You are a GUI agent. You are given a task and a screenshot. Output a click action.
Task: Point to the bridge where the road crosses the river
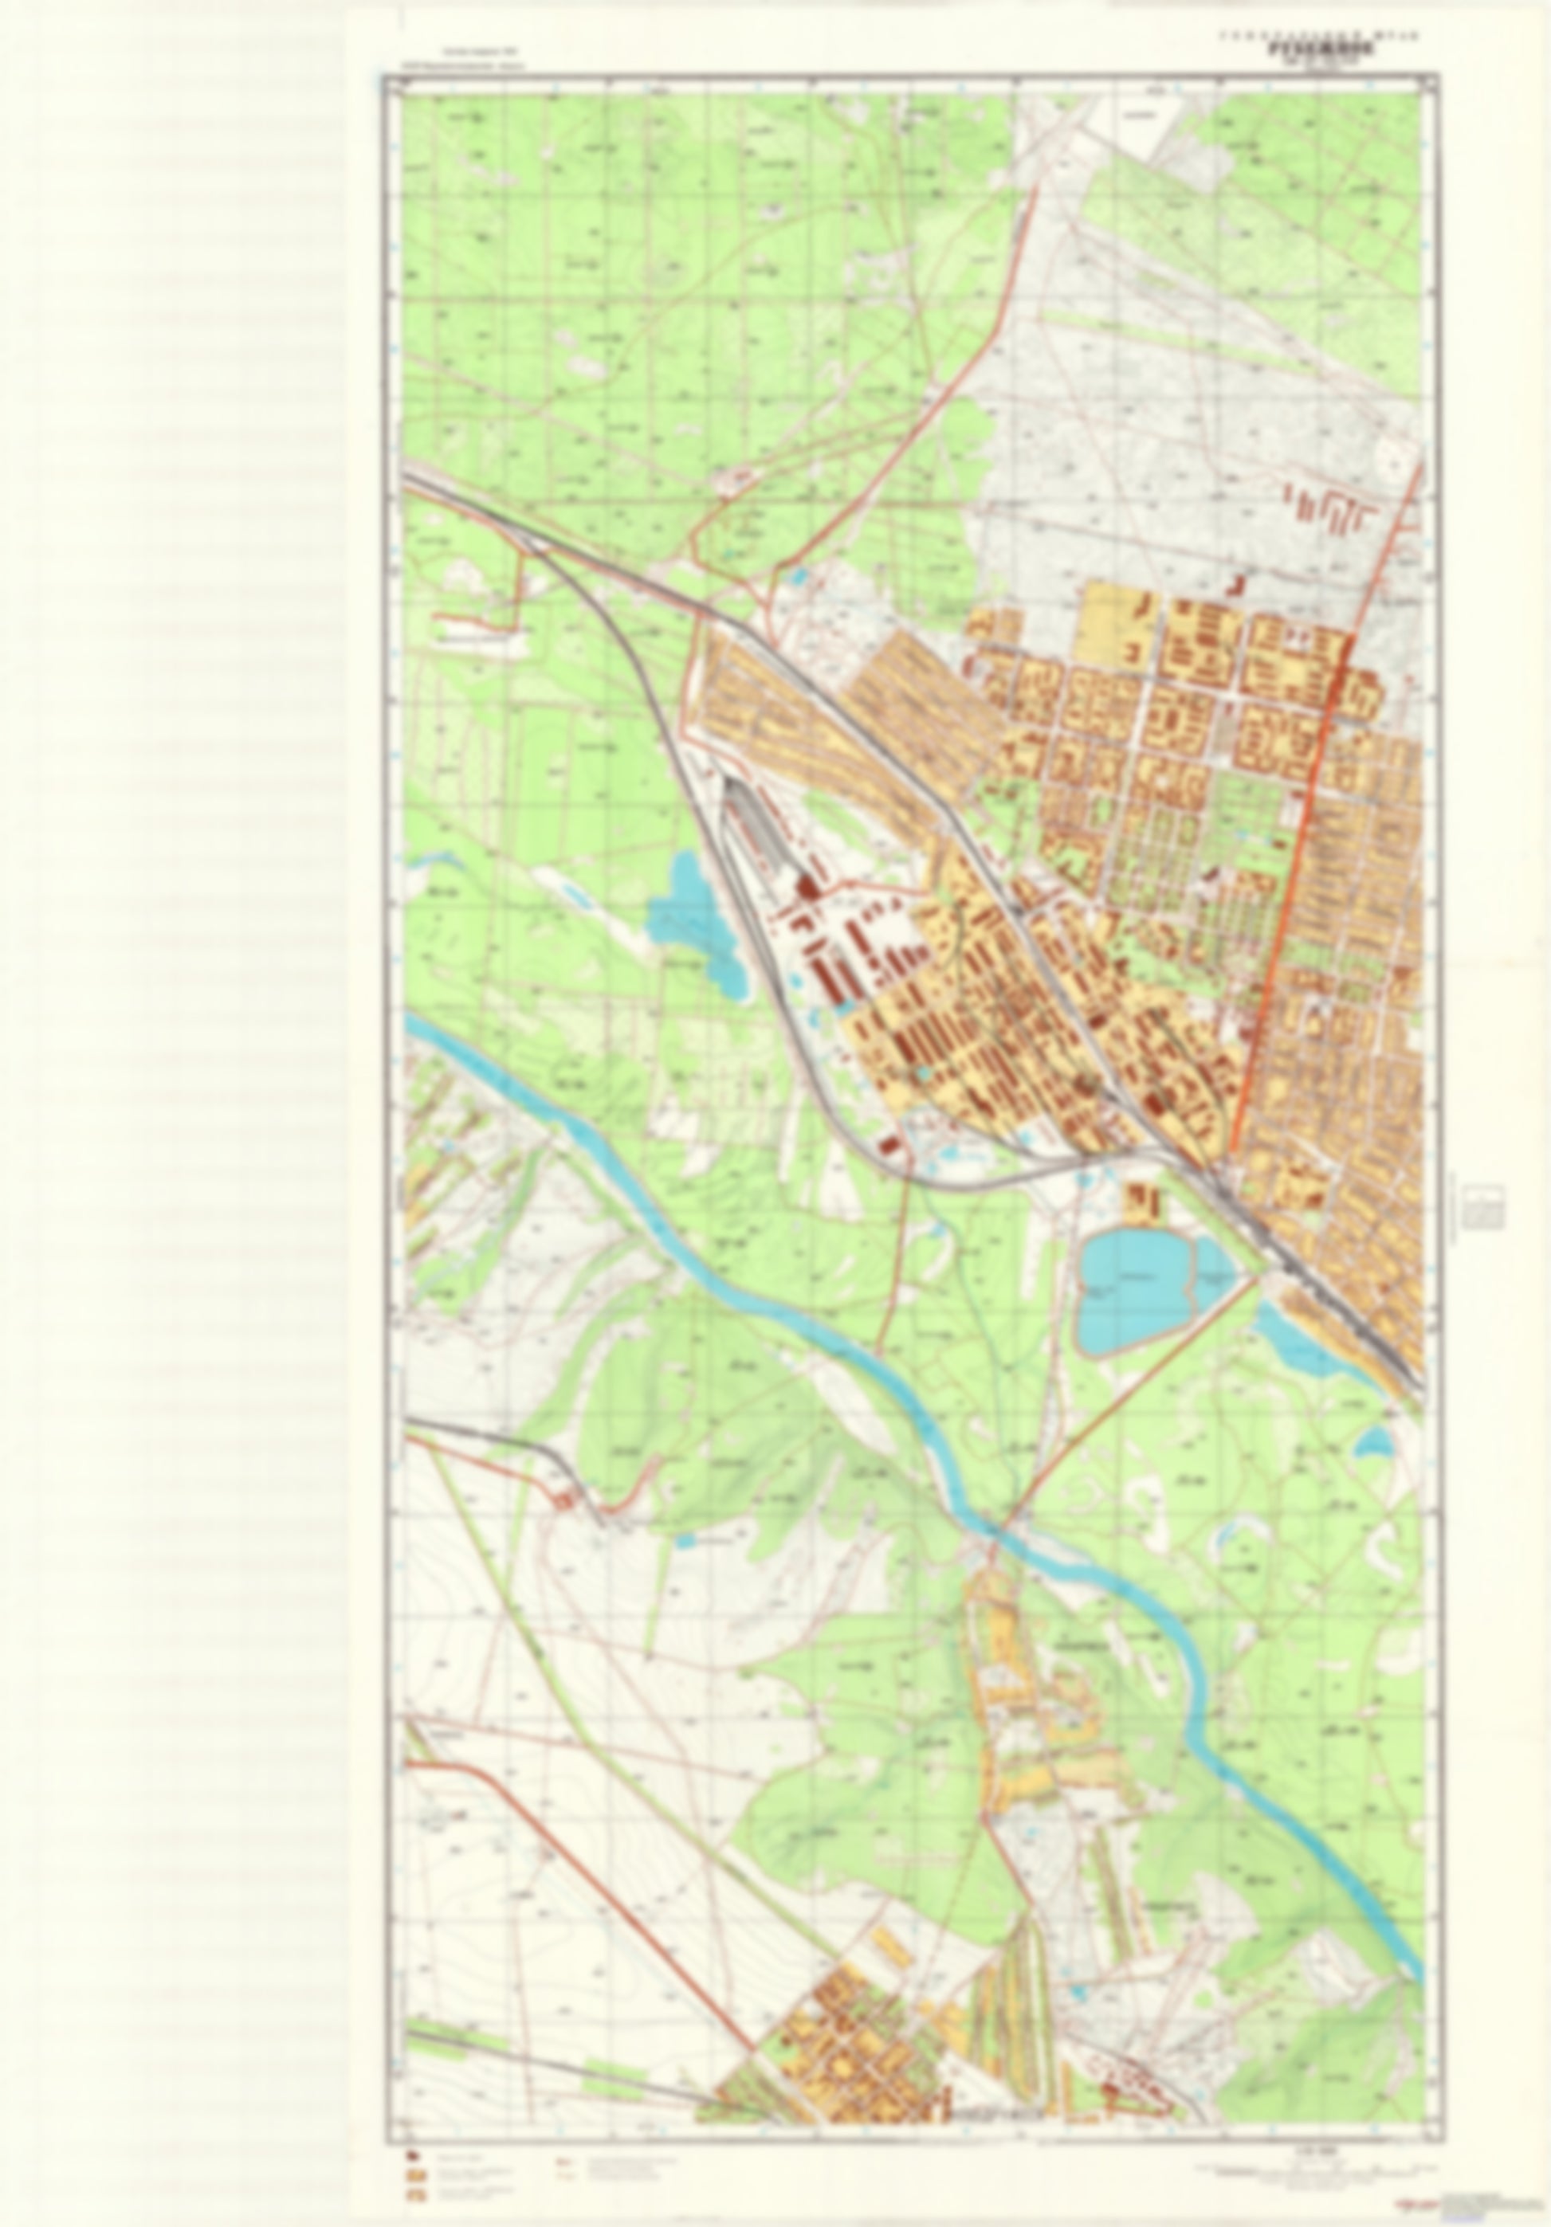993,1530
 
